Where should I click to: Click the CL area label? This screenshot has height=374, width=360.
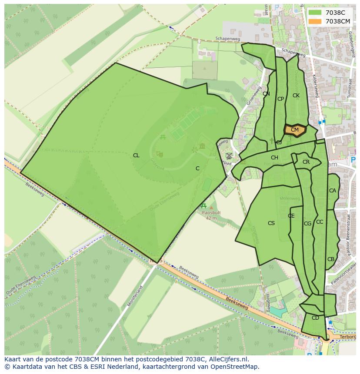pos(136,156)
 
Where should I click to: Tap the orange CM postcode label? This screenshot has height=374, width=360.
pos(295,130)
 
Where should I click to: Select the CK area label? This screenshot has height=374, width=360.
pos(296,96)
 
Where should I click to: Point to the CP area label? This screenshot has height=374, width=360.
pos(280,99)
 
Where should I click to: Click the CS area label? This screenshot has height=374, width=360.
pos(271,223)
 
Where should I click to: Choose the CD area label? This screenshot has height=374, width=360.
pos(315,318)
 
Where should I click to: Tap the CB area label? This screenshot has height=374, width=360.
pos(331,259)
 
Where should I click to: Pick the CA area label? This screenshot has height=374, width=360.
pos(332,191)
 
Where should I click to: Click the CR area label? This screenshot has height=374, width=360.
pos(306,162)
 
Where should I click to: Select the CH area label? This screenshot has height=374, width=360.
pos(274,158)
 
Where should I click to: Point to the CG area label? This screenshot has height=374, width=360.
pos(307,224)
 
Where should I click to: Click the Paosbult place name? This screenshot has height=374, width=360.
pos(211,213)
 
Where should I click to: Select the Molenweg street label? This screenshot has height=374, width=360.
pos(290,199)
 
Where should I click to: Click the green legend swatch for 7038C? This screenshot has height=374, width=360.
pos(315,13)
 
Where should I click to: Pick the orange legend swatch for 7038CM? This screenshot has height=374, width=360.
pos(315,21)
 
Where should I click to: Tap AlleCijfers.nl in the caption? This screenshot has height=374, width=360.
pos(227,359)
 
